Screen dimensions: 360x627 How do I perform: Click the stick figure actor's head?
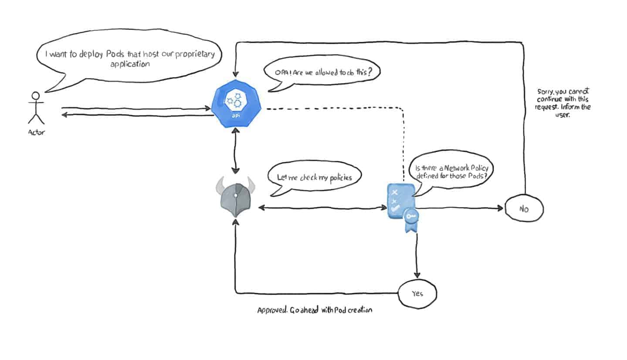tap(36, 96)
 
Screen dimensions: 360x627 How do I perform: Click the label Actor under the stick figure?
tap(36, 132)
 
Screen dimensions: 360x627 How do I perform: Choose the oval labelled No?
tap(524, 209)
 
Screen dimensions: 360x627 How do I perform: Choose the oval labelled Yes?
tap(417, 293)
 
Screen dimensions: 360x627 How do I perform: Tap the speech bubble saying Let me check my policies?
tap(314, 178)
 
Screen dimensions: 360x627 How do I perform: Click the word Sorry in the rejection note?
tap(546, 92)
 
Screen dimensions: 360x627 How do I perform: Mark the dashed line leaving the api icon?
tap(331, 108)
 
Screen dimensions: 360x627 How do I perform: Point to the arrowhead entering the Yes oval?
tap(417, 275)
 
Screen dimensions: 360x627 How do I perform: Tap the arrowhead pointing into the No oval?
tap(500, 208)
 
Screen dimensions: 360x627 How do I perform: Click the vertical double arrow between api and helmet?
tap(236, 150)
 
